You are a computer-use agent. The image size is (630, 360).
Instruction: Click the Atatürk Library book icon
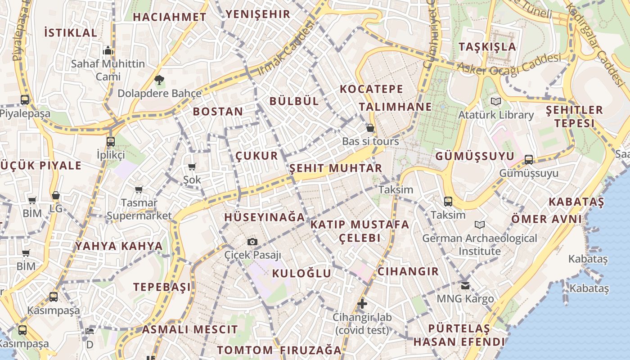(495, 101)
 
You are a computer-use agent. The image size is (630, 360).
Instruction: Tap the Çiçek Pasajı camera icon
(252, 242)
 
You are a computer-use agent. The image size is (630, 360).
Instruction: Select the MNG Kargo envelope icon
(465, 285)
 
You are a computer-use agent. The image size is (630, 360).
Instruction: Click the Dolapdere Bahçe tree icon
(159, 81)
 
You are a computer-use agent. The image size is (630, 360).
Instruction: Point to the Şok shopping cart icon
(192, 167)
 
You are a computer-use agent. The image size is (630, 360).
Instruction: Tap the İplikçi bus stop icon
(111, 142)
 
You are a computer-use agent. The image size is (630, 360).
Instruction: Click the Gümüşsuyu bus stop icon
(529, 160)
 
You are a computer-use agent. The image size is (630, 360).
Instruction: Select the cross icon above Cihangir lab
(362, 304)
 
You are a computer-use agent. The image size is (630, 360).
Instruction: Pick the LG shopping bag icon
(56, 196)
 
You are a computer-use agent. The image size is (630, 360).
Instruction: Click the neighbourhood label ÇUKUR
(257, 156)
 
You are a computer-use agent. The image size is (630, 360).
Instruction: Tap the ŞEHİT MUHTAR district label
(335, 168)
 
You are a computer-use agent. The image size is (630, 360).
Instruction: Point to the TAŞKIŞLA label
(487, 47)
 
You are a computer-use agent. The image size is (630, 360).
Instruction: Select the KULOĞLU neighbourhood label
(301, 273)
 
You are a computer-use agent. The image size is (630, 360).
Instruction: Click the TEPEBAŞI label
(162, 287)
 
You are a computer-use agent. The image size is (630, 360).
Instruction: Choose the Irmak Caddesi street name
(285, 49)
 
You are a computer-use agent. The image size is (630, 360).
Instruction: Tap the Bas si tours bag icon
(370, 128)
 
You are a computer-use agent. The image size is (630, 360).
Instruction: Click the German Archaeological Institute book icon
(480, 225)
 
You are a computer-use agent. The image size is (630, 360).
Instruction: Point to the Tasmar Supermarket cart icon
(139, 190)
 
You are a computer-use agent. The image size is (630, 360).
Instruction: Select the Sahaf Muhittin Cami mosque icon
(108, 50)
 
